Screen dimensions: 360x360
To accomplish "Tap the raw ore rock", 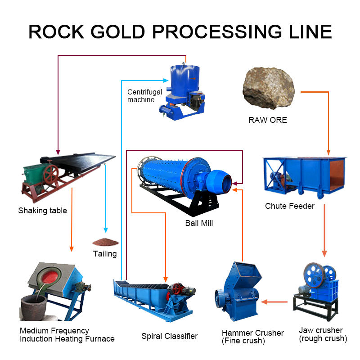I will (269, 88).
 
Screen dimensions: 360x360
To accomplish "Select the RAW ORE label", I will (268, 120).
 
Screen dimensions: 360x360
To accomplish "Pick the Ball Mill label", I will (199, 223).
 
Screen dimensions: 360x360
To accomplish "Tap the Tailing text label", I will (104, 254).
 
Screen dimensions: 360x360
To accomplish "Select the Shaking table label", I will (42, 211).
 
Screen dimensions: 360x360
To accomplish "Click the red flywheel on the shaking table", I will (50, 173).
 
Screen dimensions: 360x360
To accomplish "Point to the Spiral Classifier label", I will (169, 336).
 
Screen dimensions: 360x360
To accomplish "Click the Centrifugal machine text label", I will (144, 96).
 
